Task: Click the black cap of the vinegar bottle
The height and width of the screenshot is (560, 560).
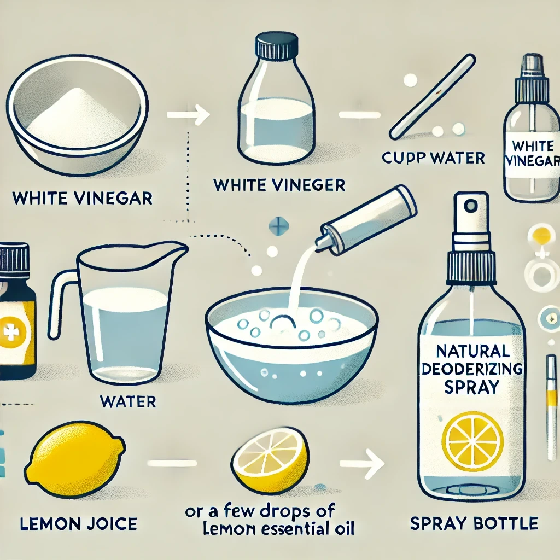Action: tap(277, 45)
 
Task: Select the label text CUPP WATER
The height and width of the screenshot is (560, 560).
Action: tap(433, 158)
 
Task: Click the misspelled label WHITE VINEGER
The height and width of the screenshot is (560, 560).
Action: tap(279, 175)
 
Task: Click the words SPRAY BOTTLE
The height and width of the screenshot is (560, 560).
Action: tap(474, 523)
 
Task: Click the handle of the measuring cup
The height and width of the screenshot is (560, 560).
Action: tap(61, 304)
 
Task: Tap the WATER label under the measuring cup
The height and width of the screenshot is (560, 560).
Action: tap(128, 402)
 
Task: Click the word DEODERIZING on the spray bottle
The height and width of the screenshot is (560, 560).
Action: tap(472, 369)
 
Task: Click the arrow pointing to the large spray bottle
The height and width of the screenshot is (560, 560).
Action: tap(361, 464)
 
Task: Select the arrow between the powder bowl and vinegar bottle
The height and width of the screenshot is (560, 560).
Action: tap(188, 115)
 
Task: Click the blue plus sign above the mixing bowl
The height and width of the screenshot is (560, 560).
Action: tap(278, 226)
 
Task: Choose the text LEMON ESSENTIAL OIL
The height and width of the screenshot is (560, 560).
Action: tap(278, 529)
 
